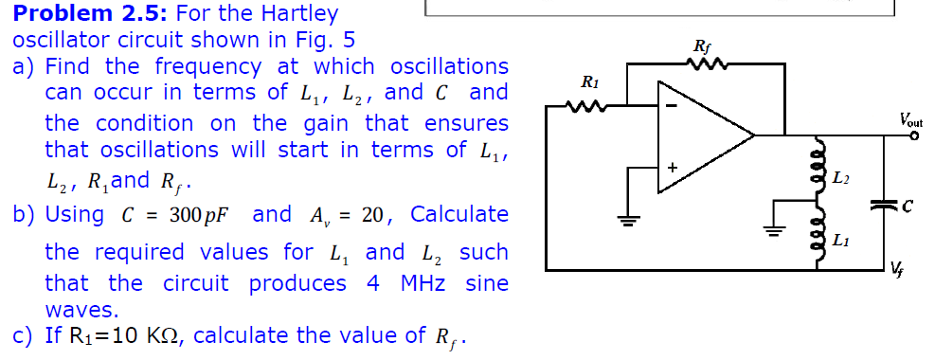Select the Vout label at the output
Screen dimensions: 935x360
911,120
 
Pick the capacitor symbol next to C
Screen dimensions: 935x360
885,203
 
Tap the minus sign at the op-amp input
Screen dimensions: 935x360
671,105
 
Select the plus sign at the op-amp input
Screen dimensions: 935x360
672,167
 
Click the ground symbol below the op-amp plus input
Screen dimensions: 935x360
626,221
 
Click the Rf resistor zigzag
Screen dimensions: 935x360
704,64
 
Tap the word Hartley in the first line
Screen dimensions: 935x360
296,14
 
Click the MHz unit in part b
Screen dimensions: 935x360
423,283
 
